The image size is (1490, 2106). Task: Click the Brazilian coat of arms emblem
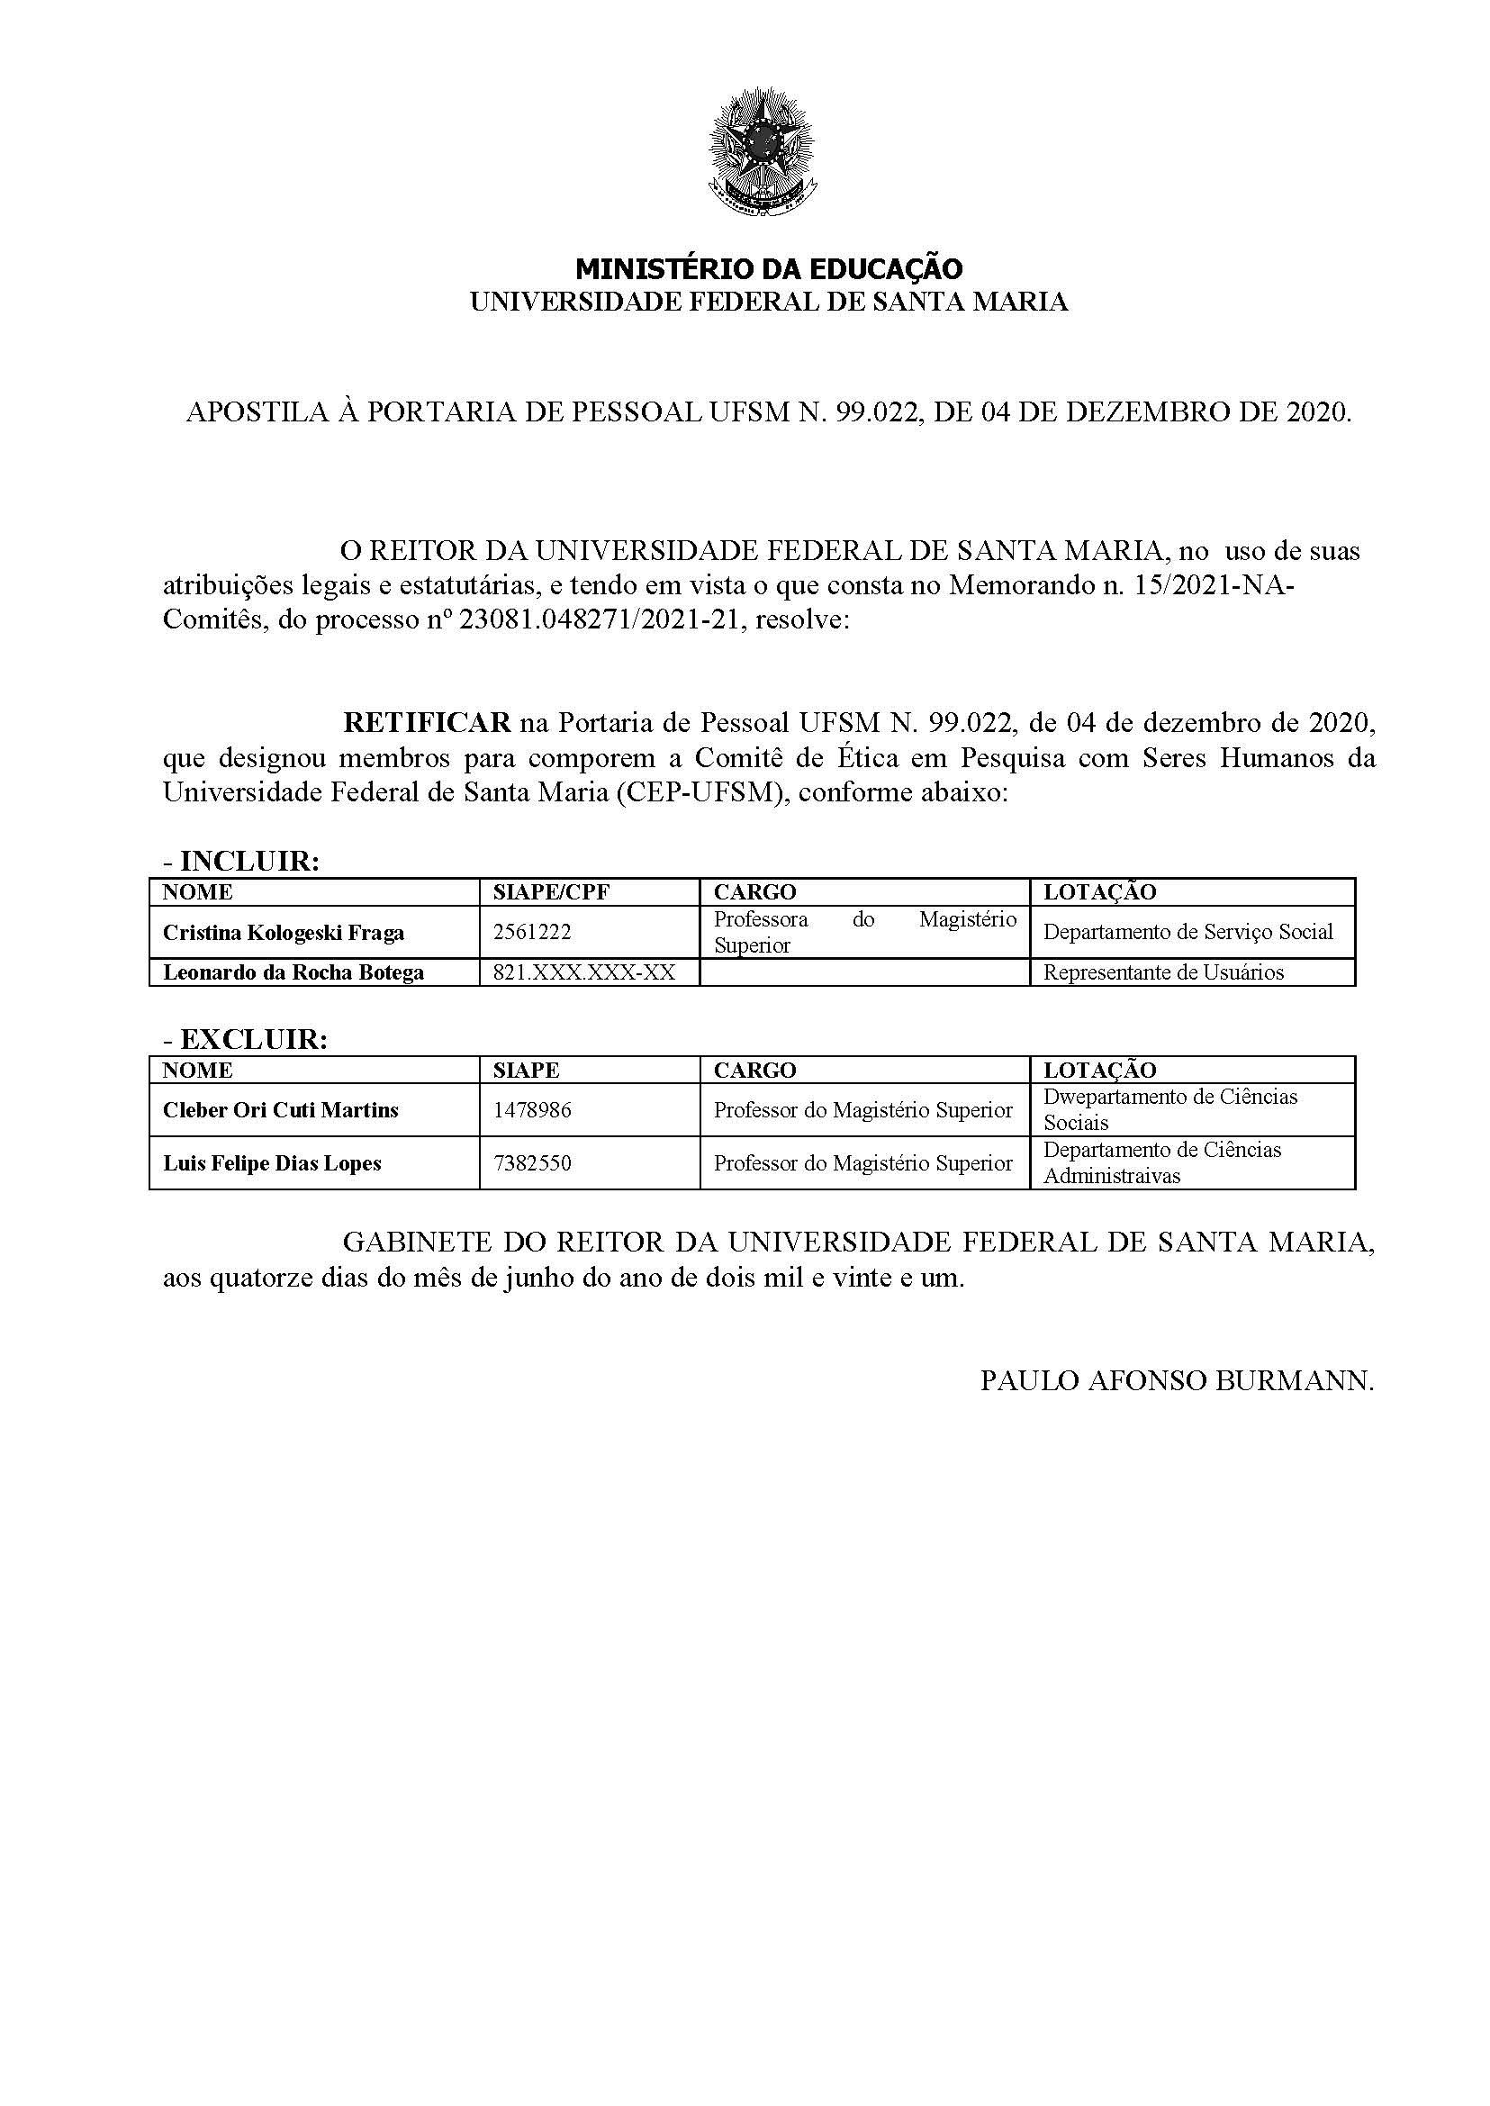click(x=762, y=151)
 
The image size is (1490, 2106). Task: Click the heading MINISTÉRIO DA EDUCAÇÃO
click(x=769, y=269)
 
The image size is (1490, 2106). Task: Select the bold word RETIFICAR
click(x=427, y=723)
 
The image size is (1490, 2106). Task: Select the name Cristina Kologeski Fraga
click(x=284, y=932)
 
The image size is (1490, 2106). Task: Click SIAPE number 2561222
click(x=532, y=932)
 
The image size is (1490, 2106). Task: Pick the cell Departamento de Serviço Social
click(x=1188, y=932)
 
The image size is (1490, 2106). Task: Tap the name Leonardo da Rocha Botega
click(x=293, y=972)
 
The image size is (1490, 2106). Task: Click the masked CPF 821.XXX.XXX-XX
click(x=583, y=972)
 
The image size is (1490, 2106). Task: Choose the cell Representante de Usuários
click(x=1163, y=972)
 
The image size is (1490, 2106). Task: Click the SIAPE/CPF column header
click(x=551, y=892)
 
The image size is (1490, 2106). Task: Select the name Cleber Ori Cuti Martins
click(x=281, y=1110)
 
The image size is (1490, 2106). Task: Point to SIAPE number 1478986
click(x=532, y=1110)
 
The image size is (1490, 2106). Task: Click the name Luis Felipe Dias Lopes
click(x=272, y=1163)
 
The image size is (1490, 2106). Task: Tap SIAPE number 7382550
click(x=532, y=1163)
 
